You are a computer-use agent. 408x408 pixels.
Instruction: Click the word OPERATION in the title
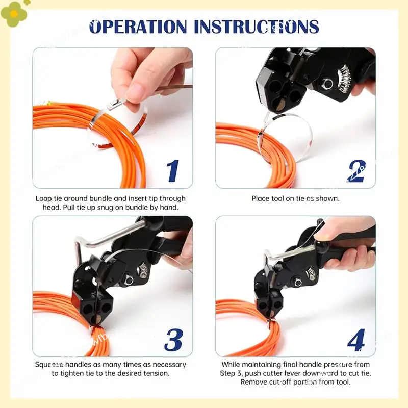pos(138,27)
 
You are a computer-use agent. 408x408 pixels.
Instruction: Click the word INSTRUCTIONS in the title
pos(257,27)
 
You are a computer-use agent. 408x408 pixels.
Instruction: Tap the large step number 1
pos(173,171)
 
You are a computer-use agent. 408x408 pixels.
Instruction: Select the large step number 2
pos(356,171)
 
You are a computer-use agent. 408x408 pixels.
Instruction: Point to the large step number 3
pos(173,340)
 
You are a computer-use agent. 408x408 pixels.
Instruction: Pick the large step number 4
pos(356,340)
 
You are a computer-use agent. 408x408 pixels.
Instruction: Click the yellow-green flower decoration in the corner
pos(14,14)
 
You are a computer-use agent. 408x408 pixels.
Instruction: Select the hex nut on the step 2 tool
pos(327,84)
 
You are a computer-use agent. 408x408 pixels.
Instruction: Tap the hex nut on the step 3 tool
pos(128,280)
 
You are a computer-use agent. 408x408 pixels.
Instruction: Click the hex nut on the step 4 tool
pos(298,283)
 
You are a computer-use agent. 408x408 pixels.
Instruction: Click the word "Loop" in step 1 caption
pos(44,199)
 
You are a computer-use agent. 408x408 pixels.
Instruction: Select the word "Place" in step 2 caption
pos(261,198)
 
